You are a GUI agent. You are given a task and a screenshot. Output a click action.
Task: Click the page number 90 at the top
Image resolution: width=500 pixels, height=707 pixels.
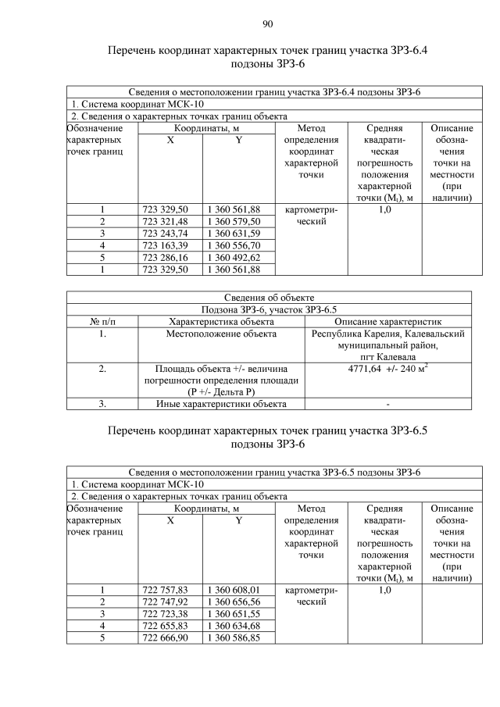pos(267,23)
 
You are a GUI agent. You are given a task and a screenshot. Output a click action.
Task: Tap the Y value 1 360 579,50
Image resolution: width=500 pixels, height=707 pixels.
pos(234,222)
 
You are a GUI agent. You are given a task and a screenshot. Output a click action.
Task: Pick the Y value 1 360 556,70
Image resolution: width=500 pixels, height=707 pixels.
pos(234,245)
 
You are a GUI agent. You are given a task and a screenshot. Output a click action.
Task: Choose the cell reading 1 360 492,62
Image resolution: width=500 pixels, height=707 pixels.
pos(234,257)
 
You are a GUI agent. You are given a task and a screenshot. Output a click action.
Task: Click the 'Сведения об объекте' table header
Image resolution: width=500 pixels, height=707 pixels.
pos(269,298)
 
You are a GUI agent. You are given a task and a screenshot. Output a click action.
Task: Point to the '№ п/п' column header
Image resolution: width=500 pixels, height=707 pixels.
pos(102,321)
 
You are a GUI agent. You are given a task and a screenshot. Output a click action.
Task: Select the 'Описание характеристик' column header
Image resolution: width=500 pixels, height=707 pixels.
pos(387,321)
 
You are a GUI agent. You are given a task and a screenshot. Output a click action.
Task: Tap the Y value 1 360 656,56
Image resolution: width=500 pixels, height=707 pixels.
pos(234,602)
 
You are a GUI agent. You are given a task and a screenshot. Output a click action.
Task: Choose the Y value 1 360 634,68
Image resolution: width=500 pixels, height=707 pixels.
pos(234,626)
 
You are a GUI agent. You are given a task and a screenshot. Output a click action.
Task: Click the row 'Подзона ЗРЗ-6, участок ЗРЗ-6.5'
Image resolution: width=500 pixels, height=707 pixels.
pos(269,309)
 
